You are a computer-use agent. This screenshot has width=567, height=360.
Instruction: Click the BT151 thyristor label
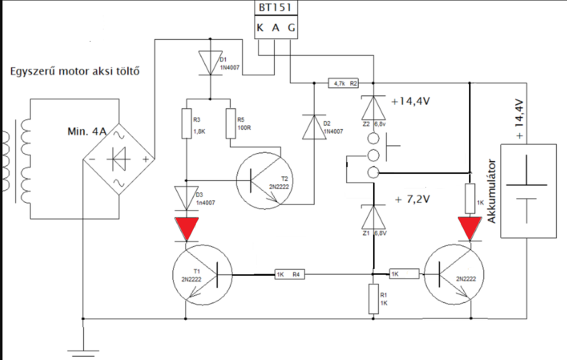click(x=275, y=8)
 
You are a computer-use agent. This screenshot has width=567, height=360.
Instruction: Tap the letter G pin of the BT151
click(x=291, y=27)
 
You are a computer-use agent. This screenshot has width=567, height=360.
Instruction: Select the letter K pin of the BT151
click(x=260, y=27)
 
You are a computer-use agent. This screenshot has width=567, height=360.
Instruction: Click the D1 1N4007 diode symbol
click(x=211, y=63)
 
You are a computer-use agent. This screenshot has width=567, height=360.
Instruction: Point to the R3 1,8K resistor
click(x=186, y=123)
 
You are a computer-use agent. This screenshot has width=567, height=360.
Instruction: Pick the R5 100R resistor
click(x=231, y=123)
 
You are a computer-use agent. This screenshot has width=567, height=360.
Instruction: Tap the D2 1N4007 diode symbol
click(x=314, y=127)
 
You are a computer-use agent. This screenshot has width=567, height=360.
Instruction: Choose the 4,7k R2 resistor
click(x=343, y=84)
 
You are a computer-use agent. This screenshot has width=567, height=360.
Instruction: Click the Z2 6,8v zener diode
click(x=373, y=108)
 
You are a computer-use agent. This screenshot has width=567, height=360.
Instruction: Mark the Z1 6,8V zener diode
click(x=373, y=217)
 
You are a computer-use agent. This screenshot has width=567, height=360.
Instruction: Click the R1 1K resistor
click(x=373, y=299)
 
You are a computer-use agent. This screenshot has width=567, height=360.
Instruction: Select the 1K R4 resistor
click(x=289, y=275)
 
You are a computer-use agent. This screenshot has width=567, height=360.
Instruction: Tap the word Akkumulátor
click(x=491, y=191)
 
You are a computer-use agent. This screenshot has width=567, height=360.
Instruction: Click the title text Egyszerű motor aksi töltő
click(x=75, y=71)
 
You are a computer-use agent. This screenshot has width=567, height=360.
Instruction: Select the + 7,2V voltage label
click(x=413, y=199)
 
